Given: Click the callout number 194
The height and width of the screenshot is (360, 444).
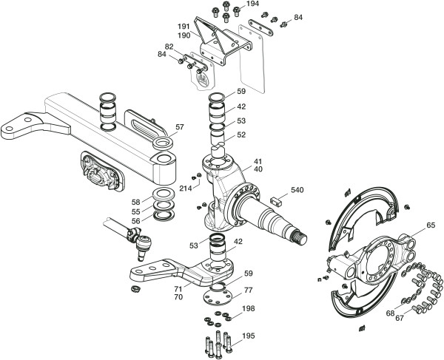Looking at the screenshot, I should pyautogui.click(x=253, y=4).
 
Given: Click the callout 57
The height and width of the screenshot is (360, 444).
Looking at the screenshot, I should pyautogui.click(x=180, y=128).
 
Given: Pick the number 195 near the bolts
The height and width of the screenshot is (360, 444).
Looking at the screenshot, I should pyautogui.click(x=249, y=336).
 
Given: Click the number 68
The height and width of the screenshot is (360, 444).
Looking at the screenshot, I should pyautogui.click(x=390, y=313).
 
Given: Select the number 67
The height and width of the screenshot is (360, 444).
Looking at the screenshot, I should pyautogui.click(x=400, y=319).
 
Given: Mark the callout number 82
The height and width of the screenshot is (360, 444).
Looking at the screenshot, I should pyautogui.click(x=169, y=47).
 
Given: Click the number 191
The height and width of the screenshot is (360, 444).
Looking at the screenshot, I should pyautogui.click(x=184, y=27).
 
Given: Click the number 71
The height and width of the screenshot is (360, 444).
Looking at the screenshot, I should pyautogui.click(x=178, y=289).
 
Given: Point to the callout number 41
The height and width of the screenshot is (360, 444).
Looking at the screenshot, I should pyautogui.click(x=258, y=160).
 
